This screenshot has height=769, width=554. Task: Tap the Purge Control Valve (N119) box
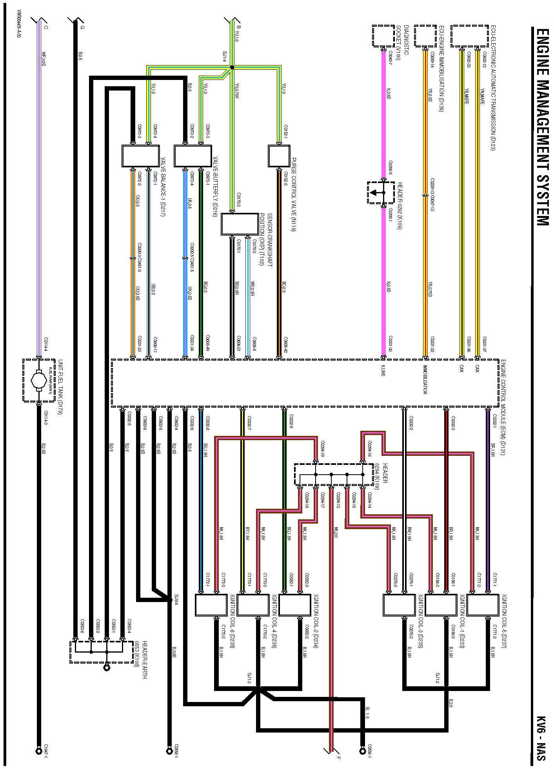click(x=279, y=156)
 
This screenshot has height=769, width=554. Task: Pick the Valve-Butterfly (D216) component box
click(x=193, y=156)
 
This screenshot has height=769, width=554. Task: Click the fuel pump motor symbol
click(x=38, y=380)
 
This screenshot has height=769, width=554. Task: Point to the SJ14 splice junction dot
click(x=232, y=67)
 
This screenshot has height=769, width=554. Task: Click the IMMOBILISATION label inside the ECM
click(x=425, y=379)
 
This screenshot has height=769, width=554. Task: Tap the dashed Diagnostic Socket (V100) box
click(x=383, y=36)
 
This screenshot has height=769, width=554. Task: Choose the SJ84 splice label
click(x=176, y=599)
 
